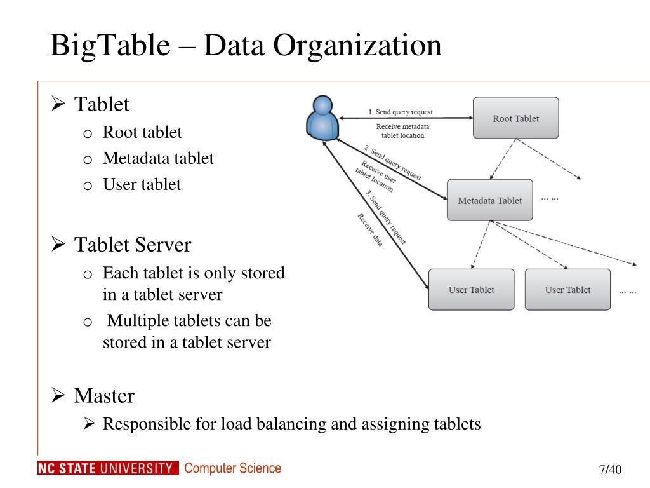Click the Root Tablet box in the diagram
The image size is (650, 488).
coord(515,118)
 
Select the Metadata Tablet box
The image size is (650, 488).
coord(489,200)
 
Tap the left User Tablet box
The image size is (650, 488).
coord(471,290)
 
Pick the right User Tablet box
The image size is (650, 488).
coord(567,290)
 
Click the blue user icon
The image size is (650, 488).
coord(322,118)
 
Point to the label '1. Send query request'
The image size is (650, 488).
coord(400,112)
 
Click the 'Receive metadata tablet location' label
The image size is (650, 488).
coord(402,131)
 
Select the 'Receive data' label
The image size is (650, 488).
coord(369,229)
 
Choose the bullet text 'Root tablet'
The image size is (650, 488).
coord(142,132)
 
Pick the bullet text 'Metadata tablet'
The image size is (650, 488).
coord(158,158)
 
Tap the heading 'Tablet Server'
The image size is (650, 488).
coord(132,244)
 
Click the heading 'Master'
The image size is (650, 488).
coord(104,396)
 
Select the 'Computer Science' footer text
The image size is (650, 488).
coord(232,468)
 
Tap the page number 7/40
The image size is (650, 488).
coord(610,470)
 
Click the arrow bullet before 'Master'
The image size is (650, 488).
coord(58,396)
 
